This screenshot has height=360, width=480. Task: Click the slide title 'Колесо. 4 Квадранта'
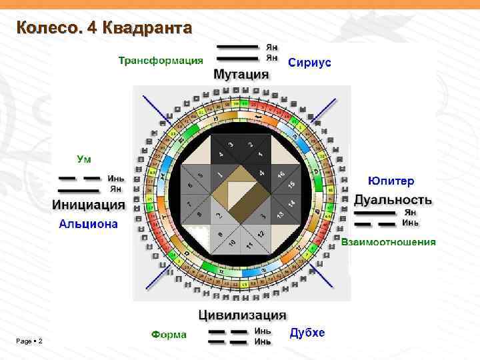(x=104, y=28)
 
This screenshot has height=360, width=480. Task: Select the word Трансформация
(x=161, y=61)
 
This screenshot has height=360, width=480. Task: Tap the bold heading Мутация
(x=241, y=75)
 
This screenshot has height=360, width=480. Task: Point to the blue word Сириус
(x=309, y=62)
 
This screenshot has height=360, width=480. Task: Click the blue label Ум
(x=85, y=159)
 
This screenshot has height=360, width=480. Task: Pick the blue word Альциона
(x=89, y=223)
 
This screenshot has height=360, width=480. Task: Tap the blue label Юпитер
(x=391, y=181)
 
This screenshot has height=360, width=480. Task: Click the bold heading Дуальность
(x=393, y=199)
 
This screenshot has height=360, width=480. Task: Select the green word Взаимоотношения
(x=389, y=241)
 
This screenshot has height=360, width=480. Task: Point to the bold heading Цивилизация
(x=242, y=315)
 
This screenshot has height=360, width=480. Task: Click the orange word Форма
(x=169, y=334)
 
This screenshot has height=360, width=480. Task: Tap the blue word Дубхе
(x=308, y=333)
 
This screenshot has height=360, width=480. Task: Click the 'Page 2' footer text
(x=29, y=341)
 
